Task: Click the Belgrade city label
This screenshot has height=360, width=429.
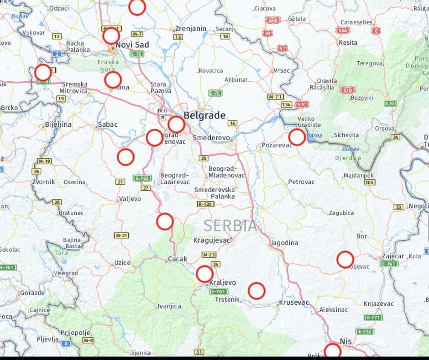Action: [204, 115]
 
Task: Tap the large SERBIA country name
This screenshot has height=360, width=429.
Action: [230, 225]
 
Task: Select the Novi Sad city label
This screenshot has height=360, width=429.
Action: [132, 45]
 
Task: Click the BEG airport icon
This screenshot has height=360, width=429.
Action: [162, 116]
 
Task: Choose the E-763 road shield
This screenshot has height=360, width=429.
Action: [142, 178]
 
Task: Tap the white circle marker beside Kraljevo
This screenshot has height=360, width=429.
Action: [204, 274]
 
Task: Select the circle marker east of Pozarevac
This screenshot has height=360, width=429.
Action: [297, 137]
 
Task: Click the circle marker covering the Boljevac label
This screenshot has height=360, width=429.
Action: [345, 260]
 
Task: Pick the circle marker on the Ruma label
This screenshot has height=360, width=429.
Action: [113, 80]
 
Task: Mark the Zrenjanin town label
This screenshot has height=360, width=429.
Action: [191, 28]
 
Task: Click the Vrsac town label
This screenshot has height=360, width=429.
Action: [282, 70]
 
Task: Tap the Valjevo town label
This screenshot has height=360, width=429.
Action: [130, 199]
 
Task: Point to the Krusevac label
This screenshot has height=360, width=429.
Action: [294, 303]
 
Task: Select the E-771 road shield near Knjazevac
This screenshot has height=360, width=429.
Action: [373, 318]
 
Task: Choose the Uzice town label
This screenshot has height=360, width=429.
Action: [122, 263]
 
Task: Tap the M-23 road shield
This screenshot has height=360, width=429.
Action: [209, 255]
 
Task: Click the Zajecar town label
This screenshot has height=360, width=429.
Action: [393, 256]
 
